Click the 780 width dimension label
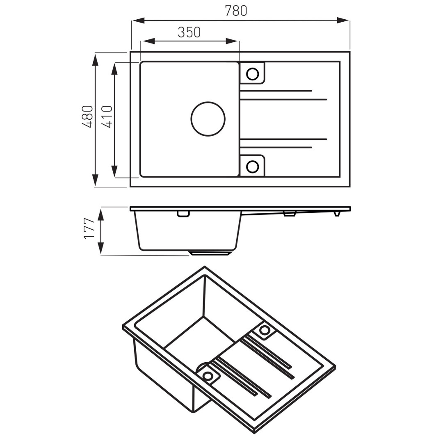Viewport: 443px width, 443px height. [x=236, y=11]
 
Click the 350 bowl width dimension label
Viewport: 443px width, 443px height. [x=189, y=32]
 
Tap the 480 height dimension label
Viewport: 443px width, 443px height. [x=88, y=116]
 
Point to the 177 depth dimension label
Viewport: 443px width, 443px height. [x=89, y=228]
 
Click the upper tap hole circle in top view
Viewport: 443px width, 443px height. [x=252, y=74]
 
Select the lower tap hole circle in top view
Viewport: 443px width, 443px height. [x=252, y=167]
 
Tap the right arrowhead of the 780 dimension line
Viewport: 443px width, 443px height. [x=343, y=21]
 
